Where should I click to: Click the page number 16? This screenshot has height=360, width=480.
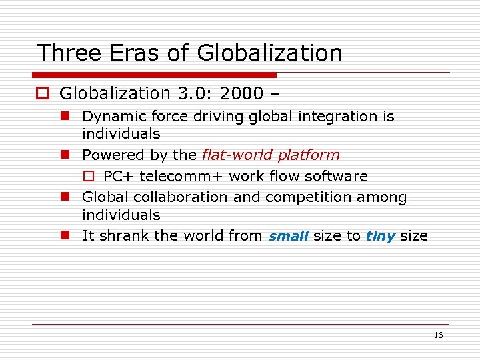pyautogui.click(x=438, y=335)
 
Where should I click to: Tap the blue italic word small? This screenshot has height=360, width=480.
pyautogui.click(x=288, y=236)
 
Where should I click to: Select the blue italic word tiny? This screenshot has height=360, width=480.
pyautogui.click(x=381, y=236)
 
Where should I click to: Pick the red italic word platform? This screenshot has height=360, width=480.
pyautogui.click(x=309, y=155)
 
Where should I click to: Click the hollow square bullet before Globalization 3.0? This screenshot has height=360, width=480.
pyautogui.click(x=43, y=94)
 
